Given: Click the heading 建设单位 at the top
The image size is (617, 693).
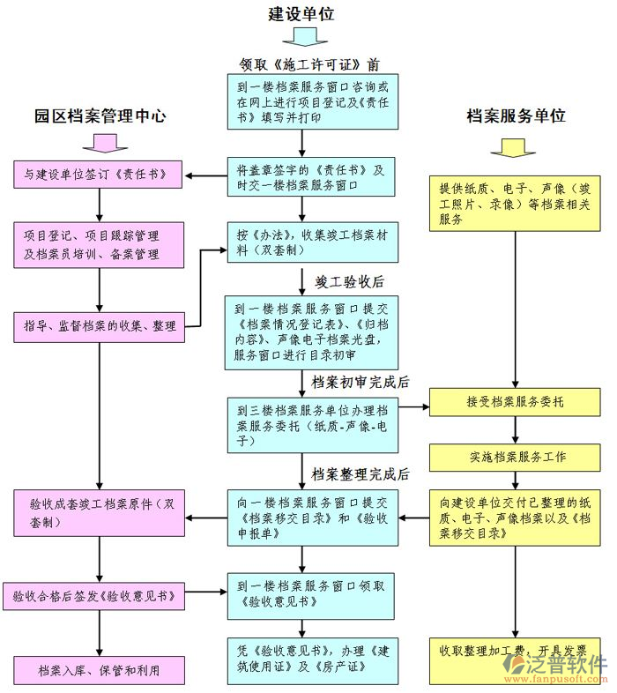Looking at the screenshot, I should coord(301,13).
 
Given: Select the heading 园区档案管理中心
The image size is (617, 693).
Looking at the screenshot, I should coord(100,115).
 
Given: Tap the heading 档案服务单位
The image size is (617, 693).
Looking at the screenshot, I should coord(516,115).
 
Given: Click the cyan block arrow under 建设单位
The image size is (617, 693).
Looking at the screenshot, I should coord(302,37).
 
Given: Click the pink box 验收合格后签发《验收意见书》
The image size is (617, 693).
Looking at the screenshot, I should coord(95,597).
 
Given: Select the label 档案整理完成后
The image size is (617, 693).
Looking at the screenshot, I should coord(361,473).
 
